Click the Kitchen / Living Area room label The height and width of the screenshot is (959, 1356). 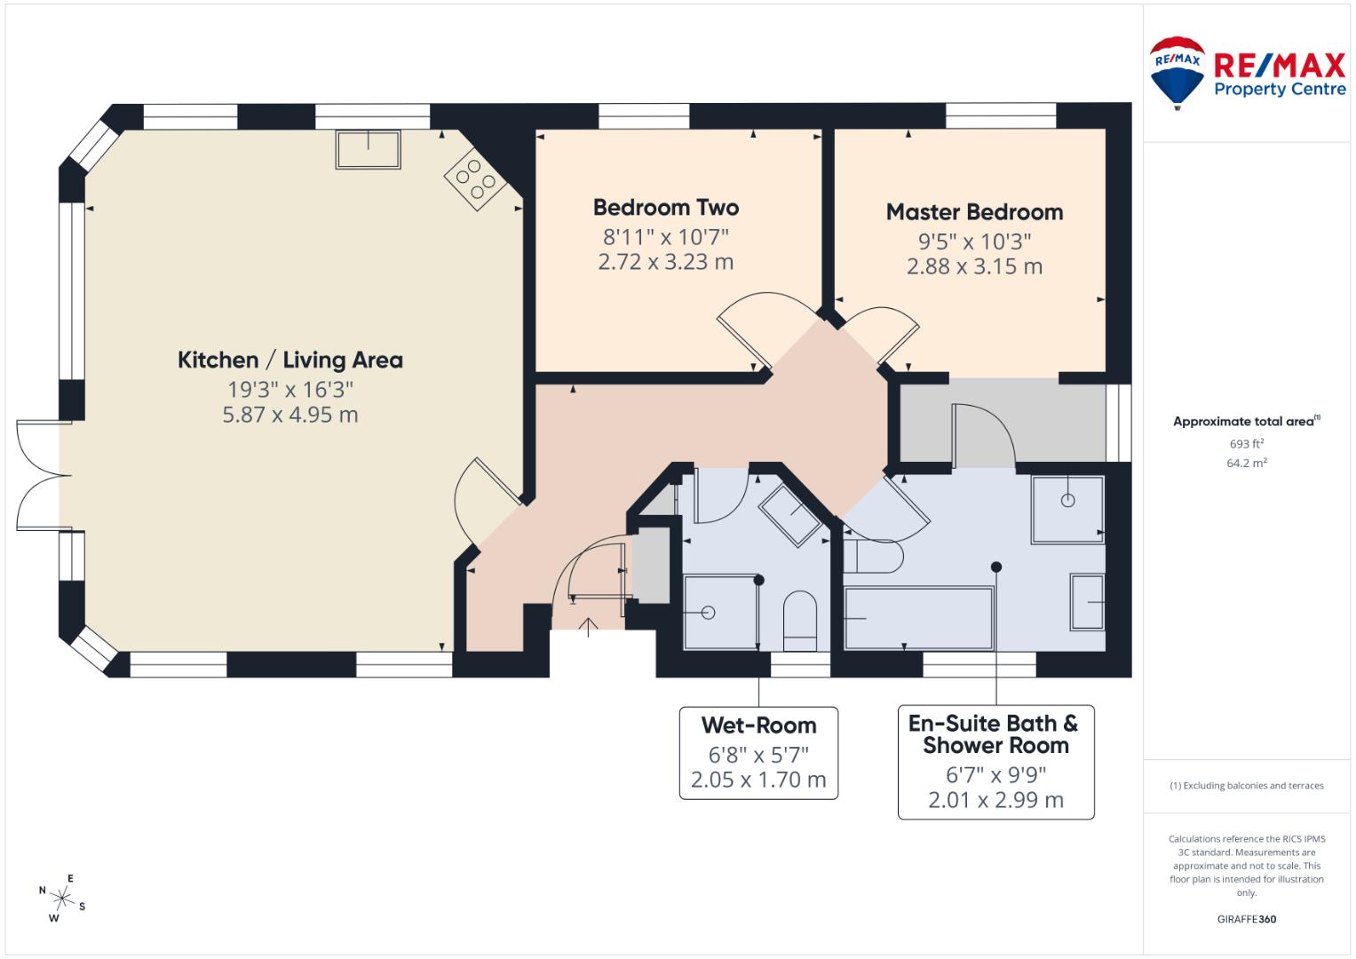point(290,360)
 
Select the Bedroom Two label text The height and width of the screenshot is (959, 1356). point(665,208)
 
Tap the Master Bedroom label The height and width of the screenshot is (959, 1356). point(974,212)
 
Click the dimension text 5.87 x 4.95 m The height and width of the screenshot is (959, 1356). point(290,415)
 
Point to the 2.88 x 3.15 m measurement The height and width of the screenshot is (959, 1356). point(974,266)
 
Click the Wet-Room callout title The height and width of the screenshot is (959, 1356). point(758,725)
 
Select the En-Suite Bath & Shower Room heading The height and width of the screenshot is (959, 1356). point(995,734)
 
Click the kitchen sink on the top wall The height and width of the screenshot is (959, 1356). point(368,148)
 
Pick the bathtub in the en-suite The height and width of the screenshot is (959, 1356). point(918,617)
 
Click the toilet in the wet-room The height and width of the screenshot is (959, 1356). point(800,614)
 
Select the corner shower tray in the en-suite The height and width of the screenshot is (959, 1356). point(1067,509)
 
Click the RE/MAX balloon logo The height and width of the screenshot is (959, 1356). point(1177,72)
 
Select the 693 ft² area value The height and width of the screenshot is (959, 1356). point(1246,443)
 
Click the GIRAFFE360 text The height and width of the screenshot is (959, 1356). point(1246,919)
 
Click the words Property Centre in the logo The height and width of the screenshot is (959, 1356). point(1279,90)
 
